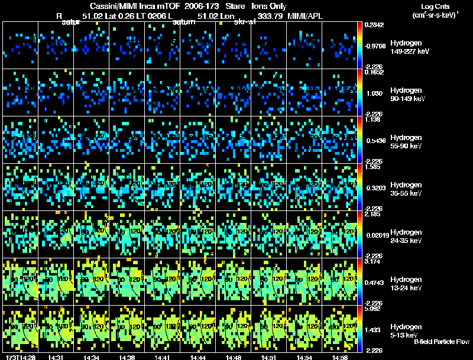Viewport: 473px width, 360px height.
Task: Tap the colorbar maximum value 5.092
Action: pos(374,308)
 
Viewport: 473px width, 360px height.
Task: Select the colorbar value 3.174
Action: pos(374,261)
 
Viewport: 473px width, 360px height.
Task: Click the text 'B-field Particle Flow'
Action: pos(442,342)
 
